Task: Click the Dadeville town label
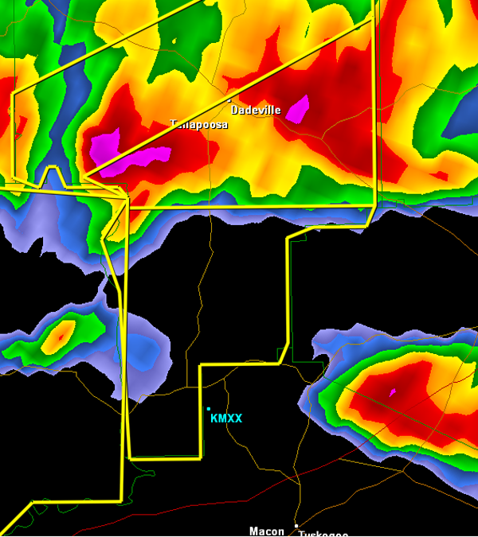[256, 111]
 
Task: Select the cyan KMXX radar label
[226, 418]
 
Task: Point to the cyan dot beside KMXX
[209, 409]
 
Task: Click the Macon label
[266, 531]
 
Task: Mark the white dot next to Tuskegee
[296, 526]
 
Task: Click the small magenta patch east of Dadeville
[297, 108]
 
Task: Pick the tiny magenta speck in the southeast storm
[392, 392]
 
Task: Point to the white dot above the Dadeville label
[229, 101]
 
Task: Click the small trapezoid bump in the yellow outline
[52, 175]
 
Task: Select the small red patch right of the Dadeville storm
[437, 175]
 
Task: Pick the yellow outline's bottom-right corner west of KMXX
[200, 457]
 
